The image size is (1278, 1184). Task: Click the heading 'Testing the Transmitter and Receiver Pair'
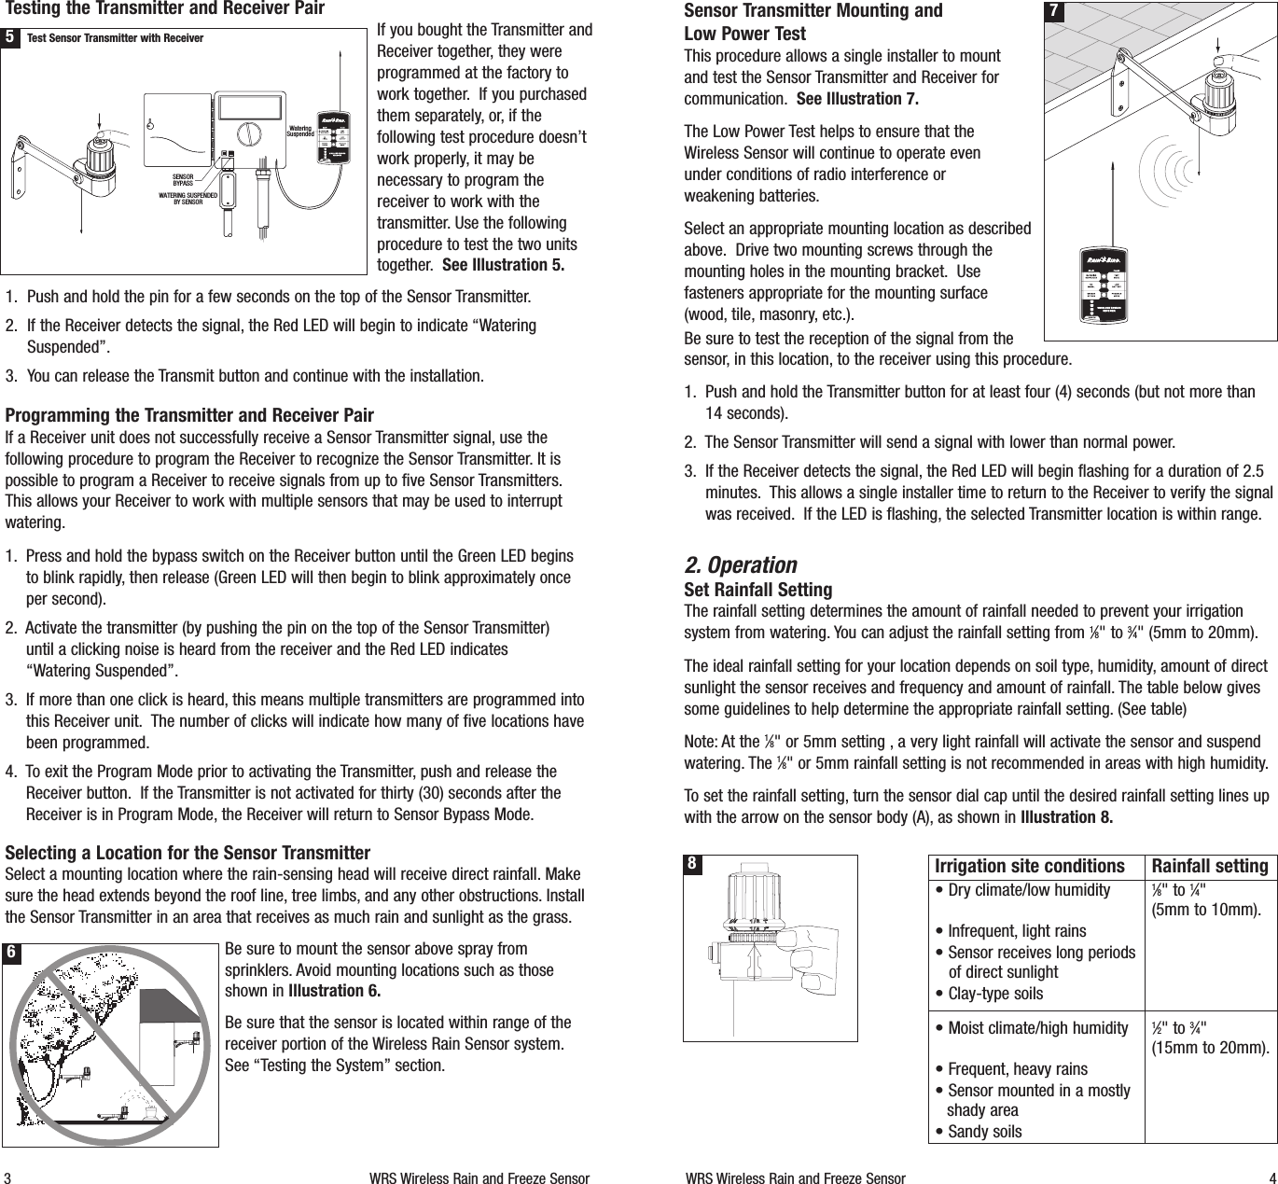click(x=165, y=9)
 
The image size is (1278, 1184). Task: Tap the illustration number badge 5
click(x=9, y=38)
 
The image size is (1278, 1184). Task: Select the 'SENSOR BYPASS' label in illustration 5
click(x=188, y=179)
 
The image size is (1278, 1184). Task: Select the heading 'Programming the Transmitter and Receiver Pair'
click(x=189, y=415)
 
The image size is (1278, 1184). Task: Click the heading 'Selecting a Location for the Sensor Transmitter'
click(x=188, y=853)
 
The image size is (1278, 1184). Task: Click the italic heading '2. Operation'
click(x=741, y=565)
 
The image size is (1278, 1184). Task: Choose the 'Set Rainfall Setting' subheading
click(x=757, y=590)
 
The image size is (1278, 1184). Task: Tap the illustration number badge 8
click(x=692, y=864)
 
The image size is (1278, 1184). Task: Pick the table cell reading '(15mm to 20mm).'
click(x=1209, y=1048)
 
